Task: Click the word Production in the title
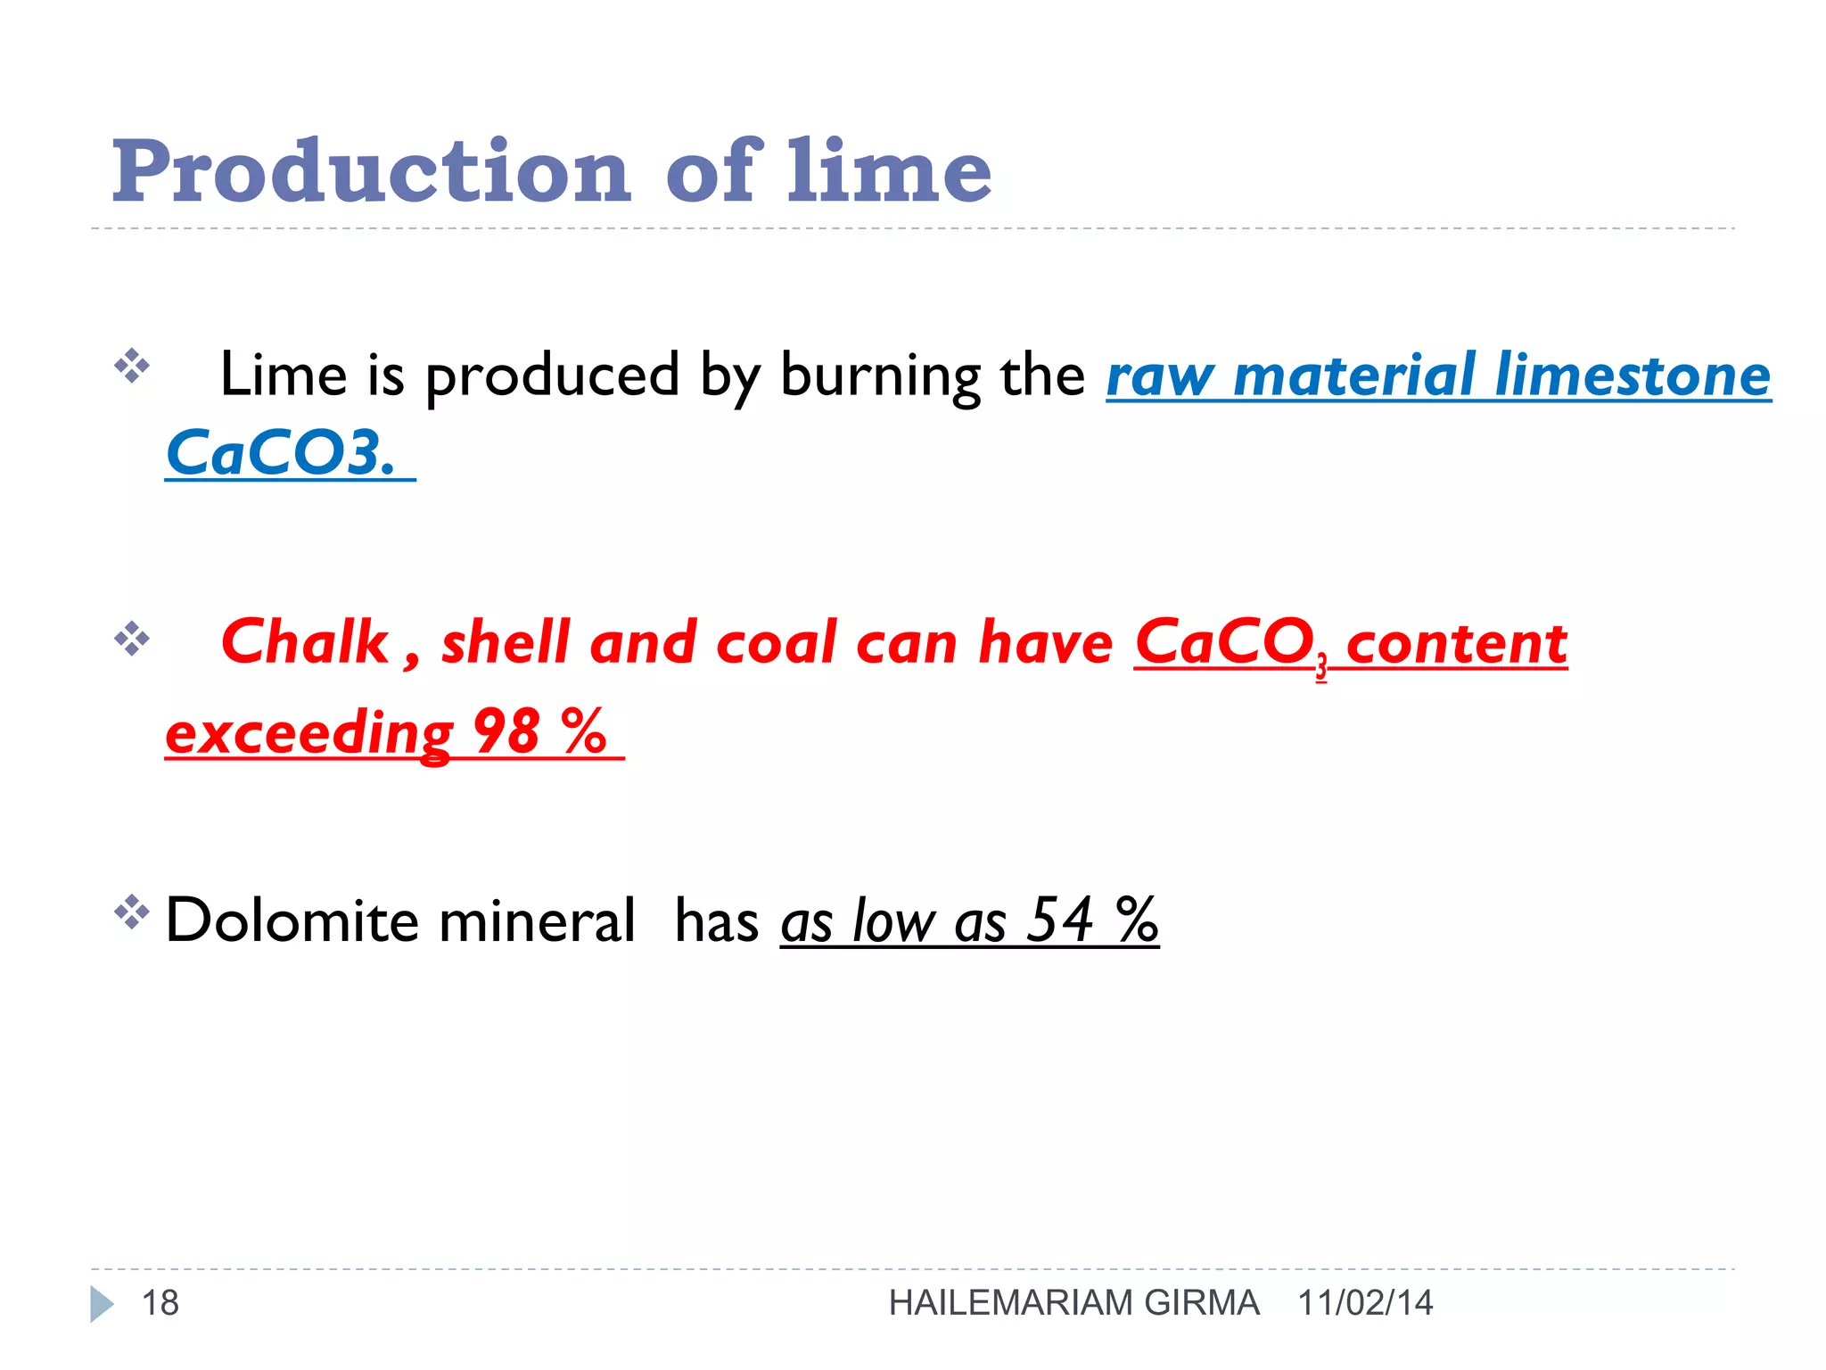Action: [371, 171]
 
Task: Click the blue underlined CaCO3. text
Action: [281, 452]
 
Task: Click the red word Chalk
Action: [304, 642]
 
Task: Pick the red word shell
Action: [506, 642]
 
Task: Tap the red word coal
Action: [776, 642]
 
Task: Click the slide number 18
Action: [160, 1303]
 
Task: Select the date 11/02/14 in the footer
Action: [1365, 1303]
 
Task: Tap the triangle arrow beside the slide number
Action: [102, 1303]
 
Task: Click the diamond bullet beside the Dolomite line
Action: [131, 912]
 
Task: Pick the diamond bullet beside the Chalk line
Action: [131, 638]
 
